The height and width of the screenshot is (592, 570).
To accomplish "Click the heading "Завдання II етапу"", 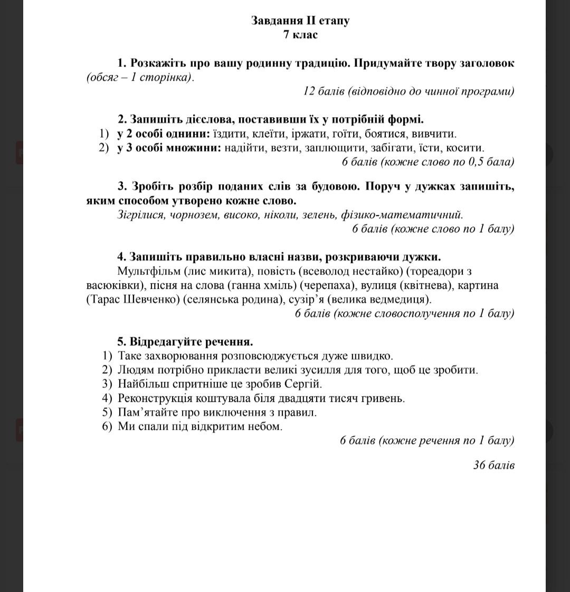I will click(300, 21).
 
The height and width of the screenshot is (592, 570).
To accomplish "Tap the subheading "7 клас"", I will click(300, 35).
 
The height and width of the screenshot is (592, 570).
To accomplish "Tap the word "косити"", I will click(467, 148).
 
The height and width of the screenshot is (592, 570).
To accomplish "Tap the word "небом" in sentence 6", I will click(264, 426).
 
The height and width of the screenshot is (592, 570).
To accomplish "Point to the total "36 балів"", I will click(493, 465).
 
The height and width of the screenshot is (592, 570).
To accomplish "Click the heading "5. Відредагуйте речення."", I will click(185, 342).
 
